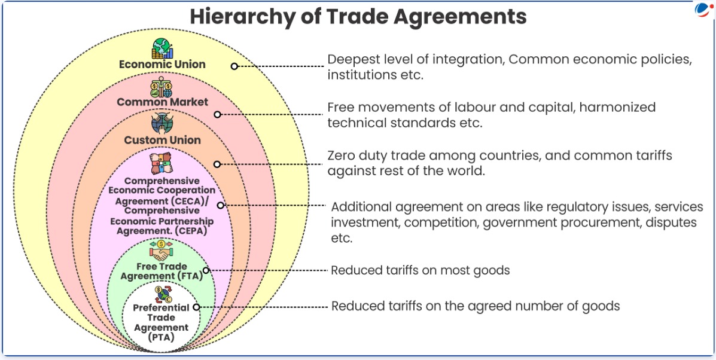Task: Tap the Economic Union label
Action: tap(162, 65)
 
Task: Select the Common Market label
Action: tap(162, 102)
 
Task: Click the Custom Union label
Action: tap(162, 141)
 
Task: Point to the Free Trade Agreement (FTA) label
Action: tap(162, 271)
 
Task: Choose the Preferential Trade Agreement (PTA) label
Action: tap(161, 322)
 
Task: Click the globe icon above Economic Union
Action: tap(162, 48)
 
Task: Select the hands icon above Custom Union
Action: tap(162, 124)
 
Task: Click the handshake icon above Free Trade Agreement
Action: tap(162, 251)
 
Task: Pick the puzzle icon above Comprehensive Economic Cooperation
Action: tap(162, 164)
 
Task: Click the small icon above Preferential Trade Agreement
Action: tap(162, 294)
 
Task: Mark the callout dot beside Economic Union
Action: tap(234, 66)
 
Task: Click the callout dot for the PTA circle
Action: tap(197, 307)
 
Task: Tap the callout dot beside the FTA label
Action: tap(206, 270)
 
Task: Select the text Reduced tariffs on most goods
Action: tap(420, 270)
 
